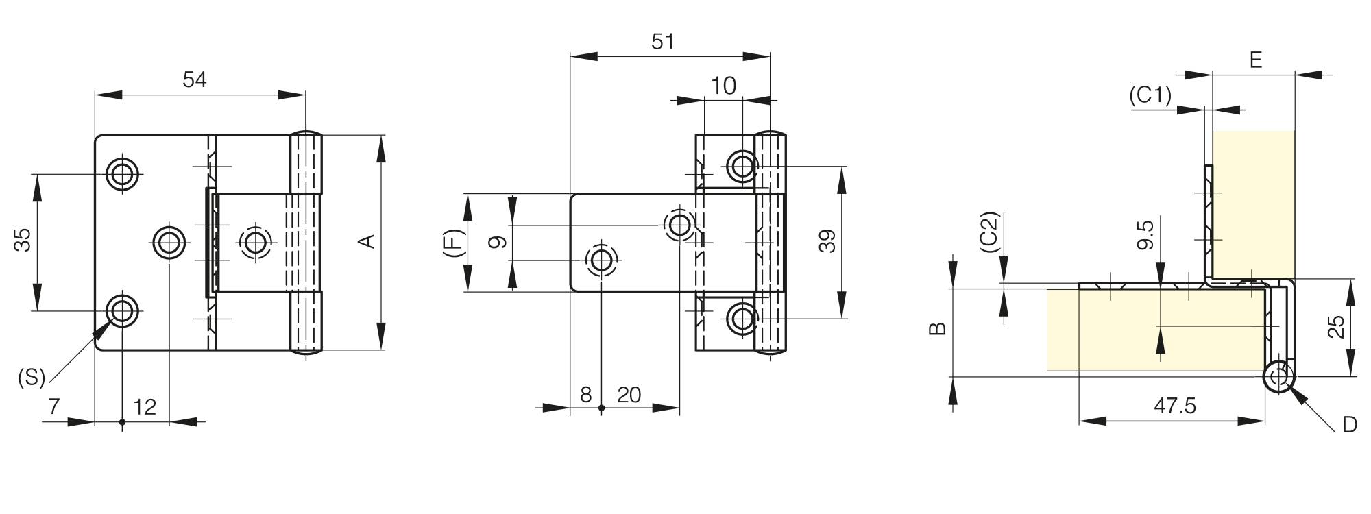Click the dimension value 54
pos(195,80)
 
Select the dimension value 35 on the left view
pos(23,241)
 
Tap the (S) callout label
pos(32,377)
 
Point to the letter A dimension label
pos(367,241)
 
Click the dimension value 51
pos(662,42)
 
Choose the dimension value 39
pos(827,241)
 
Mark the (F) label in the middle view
pos(453,243)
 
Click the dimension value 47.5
pos(1174,406)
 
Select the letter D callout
pos(1349,425)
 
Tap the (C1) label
pos(1150,95)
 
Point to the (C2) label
pos(991,232)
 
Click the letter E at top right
pos(1255,60)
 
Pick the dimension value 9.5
pos(1145,234)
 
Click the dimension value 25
pos(1336,327)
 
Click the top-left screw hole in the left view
pos(123,174)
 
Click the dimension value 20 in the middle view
pos(629,395)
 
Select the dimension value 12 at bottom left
pos(145,407)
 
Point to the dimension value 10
pos(723,86)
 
